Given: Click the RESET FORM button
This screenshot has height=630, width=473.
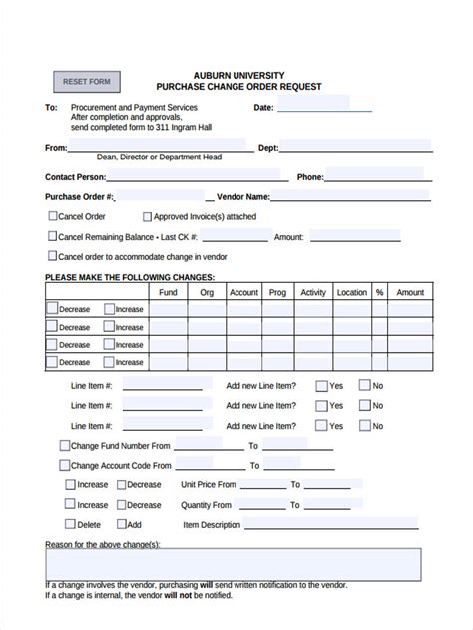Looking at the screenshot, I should point(87,82).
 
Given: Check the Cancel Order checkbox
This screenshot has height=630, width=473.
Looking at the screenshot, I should point(53,216).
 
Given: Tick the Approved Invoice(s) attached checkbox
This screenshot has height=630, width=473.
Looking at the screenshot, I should point(147,216).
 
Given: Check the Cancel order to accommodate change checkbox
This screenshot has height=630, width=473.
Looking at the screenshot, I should point(53,256).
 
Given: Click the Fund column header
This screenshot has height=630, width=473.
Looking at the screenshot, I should point(168,292).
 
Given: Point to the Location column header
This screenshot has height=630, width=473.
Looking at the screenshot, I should point(351,292).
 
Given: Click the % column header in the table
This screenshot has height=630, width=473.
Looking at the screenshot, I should point(379,292).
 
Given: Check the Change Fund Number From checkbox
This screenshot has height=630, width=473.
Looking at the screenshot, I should point(65,446).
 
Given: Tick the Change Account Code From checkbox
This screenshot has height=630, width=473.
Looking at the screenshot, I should point(65,465).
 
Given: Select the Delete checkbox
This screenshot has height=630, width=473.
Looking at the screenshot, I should point(71,524).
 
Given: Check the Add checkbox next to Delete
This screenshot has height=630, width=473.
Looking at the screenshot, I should point(121,524).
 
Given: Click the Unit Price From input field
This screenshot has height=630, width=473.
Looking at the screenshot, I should point(262,485).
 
